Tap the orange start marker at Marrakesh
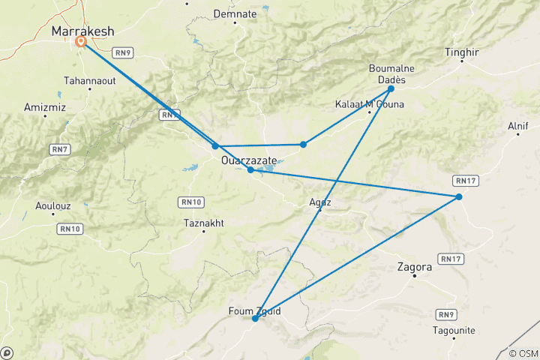80,42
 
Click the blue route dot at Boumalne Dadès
391,88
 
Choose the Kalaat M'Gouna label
369,104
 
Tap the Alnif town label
518,126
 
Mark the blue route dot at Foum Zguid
255,319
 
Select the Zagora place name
413,266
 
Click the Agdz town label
319,202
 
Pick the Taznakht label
203,223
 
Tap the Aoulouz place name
53,205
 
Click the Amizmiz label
45,108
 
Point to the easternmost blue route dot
458,196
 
